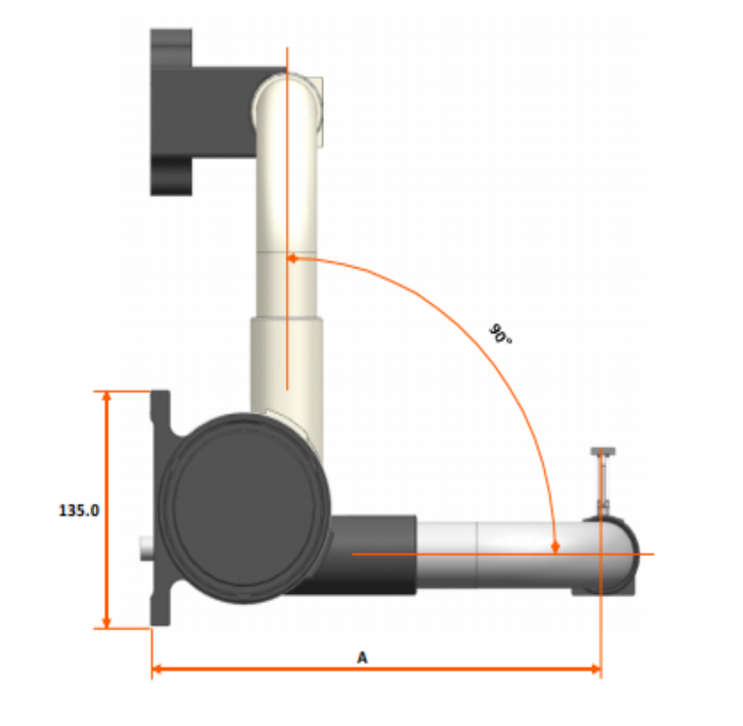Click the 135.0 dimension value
pos(79,511)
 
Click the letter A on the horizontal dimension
pos(362,658)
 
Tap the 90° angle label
pos(501,335)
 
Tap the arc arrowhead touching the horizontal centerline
pos(555,547)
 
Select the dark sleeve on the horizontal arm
pos(371,554)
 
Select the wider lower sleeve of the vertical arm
pos(286,363)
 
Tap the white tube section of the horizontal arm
pos(495,554)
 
